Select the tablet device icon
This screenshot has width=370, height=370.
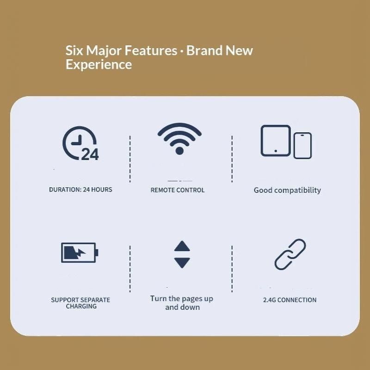click(x=275, y=141)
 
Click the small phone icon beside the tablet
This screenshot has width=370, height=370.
click(x=302, y=146)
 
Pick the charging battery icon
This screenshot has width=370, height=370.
click(x=80, y=253)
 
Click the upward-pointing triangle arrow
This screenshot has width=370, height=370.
click(x=182, y=246)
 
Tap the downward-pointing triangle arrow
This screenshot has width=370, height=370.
click(x=182, y=263)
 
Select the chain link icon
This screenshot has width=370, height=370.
click(x=290, y=254)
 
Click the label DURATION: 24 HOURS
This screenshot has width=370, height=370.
click(x=80, y=190)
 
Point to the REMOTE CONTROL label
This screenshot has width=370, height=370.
click(x=178, y=190)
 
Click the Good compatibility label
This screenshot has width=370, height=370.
click(x=287, y=190)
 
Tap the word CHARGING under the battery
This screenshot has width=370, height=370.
click(x=81, y=306)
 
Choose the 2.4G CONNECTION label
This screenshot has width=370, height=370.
click(x=290, y=300)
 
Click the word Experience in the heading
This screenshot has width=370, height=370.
click(x=99, y=65)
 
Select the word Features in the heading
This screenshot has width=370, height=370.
click(x=151, y=50)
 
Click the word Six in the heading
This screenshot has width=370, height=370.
click(x=74, y=50)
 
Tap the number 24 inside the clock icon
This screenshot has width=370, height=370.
click(x=90, y=154)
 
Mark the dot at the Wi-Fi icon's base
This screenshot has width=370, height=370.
click(x=179, y=151)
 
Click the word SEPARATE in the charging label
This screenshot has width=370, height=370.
click(x=96, y=300)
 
